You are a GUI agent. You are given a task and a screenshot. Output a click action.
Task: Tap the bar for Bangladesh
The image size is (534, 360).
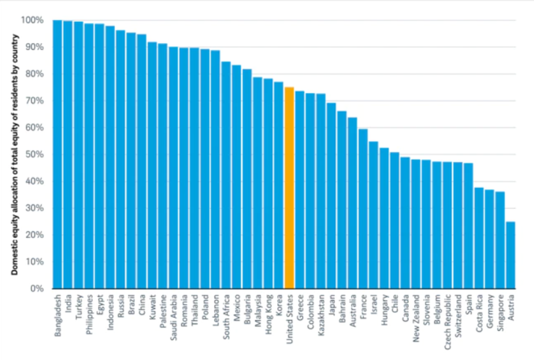click(x=58, y=154)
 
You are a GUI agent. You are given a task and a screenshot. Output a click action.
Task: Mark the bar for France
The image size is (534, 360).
click(x=363, y=209)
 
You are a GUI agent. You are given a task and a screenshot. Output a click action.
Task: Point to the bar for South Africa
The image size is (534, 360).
click(x=226, y=175)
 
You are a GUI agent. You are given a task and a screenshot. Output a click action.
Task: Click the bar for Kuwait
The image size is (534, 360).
click(x=152, y=165)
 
